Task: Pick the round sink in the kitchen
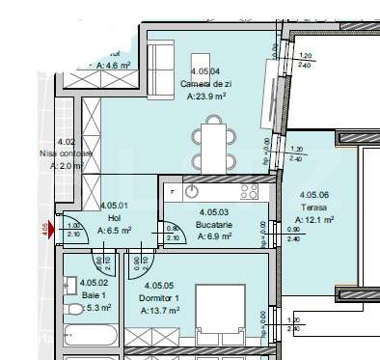[x=191, y=190]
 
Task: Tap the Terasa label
[x=314, y=207]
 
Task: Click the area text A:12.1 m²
[x=314, y=219]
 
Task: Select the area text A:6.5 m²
[x=115, y=231]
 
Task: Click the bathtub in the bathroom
[x=91, y=338]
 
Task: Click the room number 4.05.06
[x=314, y=194]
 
